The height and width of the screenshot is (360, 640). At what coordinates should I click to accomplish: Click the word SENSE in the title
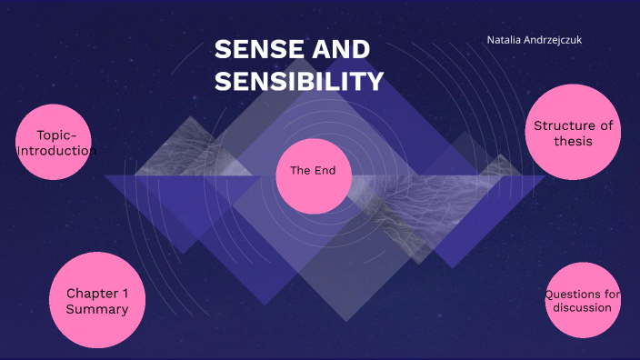(x=255, y=50)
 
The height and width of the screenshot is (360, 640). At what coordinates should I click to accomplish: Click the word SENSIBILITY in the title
(x=299, y=82)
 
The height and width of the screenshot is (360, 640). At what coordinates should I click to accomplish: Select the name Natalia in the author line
(x=505, y=40)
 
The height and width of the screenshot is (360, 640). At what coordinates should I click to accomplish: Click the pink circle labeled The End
(x=314, y=176)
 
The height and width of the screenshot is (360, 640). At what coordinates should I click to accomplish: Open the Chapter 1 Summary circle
(x=96, y=300)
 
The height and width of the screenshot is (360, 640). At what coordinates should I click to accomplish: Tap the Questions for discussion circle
(x=583, y=300)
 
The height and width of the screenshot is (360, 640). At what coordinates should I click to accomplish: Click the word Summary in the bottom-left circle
(x=96, y=310)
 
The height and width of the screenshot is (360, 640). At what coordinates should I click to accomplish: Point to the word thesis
(x=574, y=142)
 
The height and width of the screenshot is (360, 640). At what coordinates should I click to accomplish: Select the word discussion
(x=583, y=307)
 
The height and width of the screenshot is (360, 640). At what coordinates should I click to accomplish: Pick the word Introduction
(x=56, y=151)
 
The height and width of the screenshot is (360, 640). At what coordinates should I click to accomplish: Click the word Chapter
(x=92, y=294)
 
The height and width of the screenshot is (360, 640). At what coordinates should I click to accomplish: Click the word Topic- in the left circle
(x=56, y=135)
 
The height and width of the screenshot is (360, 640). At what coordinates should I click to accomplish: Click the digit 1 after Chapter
(x=125, y=294)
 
